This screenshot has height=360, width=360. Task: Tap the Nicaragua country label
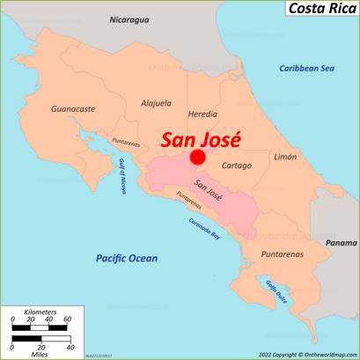[129, 19]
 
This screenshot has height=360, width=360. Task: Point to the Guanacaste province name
[74, 108]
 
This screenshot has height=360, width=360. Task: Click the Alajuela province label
[157, 103]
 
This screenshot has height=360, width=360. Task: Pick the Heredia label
[202, 114]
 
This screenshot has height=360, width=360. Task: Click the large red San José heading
[201, 140]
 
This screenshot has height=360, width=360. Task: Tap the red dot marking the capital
[198, 157]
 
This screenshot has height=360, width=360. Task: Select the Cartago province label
[237, 165]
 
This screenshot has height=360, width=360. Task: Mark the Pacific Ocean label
[127, 258]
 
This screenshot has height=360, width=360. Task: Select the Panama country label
[340, 242]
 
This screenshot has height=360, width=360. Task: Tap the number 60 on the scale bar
[67, 320]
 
